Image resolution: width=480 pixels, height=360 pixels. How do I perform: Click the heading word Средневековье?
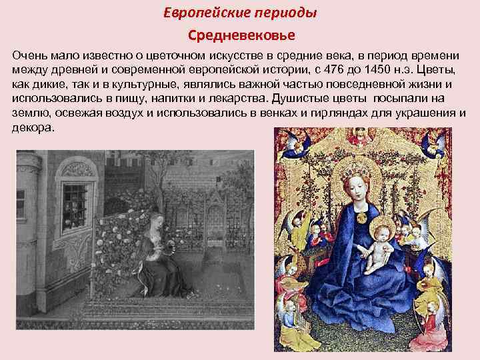tap(239, 33)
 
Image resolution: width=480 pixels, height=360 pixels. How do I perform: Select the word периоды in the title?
tap(286, 13)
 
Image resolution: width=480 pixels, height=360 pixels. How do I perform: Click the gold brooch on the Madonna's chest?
tap(362, 217)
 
